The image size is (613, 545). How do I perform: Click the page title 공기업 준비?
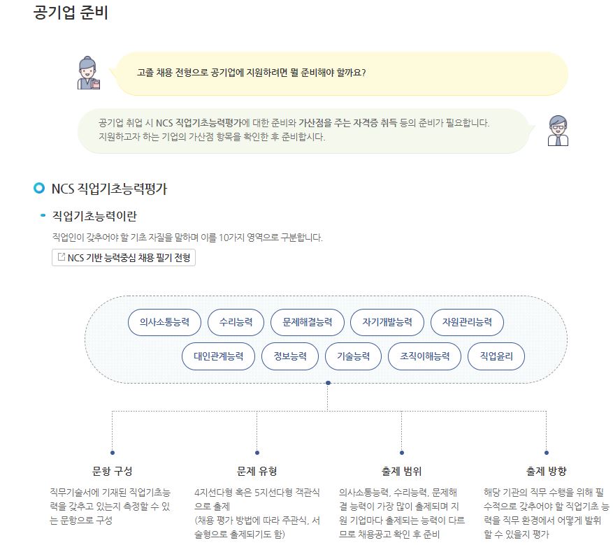[x=71, y=13]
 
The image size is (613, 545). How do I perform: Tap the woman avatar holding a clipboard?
[x=89, y=73]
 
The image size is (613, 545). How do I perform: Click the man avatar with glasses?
[x=558, y=131]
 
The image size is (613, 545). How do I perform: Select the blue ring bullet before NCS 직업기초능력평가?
[x=39, y=188]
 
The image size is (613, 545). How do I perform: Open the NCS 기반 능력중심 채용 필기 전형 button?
[x=124, y=257]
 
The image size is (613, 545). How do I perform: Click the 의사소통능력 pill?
[x=164, y=322]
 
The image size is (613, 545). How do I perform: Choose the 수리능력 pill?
[x=236, y=322]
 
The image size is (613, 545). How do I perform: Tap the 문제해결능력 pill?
[x=308, y=322]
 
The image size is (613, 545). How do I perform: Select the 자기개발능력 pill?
[x=387, y=322]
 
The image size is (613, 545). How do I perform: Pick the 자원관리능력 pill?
[x=467, y=322]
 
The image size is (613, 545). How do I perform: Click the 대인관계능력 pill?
[x=219, y=356]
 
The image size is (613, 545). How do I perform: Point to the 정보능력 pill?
[x=290, y=356]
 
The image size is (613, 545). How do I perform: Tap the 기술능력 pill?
[x=354, y=356]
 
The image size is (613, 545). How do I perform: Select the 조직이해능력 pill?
[x=424, y=356]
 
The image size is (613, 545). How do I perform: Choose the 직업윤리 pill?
[x=496, y=356]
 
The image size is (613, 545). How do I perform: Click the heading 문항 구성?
[x=113, y=471]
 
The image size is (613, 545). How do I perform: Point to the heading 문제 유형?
[x=257, y=471]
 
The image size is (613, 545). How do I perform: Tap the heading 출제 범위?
[x=401, y=471]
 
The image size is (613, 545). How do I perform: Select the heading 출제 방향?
[x=546, y=471]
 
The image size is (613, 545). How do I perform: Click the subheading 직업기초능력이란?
[x=94, y=216]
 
